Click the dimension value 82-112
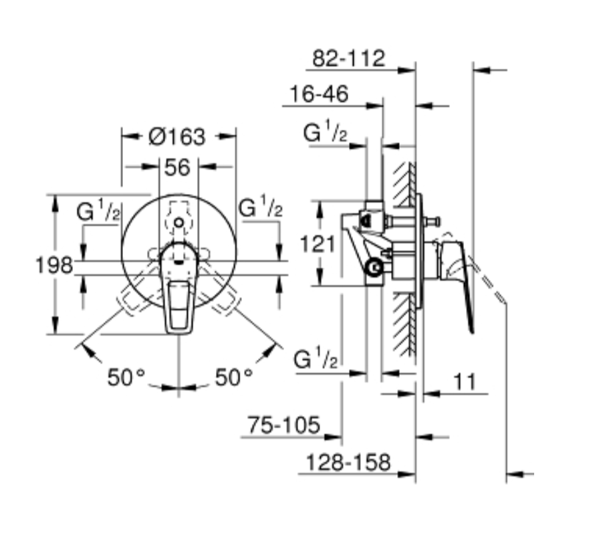coord(349,58)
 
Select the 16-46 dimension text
coord(319,94)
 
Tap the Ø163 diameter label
coord(177,136)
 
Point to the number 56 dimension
coord(177,168)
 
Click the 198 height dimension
coord(53,265)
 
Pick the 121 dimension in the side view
coord(318,244)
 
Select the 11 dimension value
coord(464,382)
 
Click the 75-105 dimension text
coord(284,425)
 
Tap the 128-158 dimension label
coord(348,462)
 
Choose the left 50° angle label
coord(126,377)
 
